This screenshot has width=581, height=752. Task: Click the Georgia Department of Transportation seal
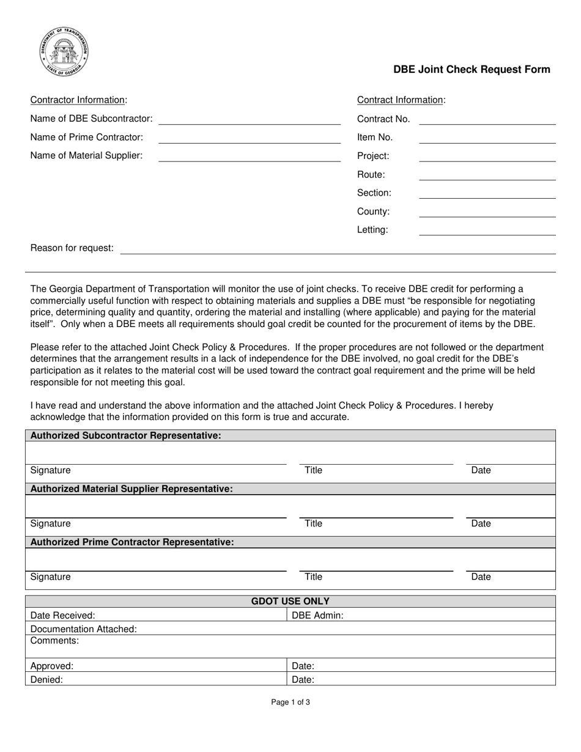[64, 52]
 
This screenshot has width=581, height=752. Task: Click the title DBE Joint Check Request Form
[471, 70]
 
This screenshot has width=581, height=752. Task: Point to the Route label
[371, 175]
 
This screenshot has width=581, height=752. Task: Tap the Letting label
[372, 230]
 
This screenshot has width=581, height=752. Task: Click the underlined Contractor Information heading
[79, 100]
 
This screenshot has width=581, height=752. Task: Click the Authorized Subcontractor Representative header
[125, 436]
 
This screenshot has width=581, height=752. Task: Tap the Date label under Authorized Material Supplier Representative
[481, 524]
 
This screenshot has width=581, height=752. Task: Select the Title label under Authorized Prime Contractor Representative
[313, 577]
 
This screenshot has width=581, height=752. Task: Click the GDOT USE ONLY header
[290, 602]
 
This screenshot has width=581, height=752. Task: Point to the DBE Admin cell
[421, 615]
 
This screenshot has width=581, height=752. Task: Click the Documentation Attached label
[84, 629]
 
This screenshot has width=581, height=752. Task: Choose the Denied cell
[156, 679]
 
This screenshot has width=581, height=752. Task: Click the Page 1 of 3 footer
[290, 702]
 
